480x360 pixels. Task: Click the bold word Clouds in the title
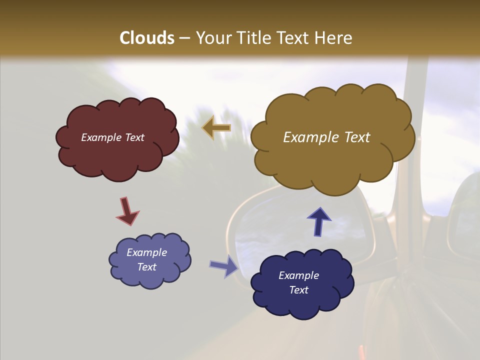point(147,37)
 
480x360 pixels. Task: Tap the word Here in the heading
point(334,37)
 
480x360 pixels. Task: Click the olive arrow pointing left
point(216,127)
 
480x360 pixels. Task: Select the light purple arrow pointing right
point(224,266)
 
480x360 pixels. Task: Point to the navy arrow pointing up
point(318,221)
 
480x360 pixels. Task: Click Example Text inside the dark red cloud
point(112,137)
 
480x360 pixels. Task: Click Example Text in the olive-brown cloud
point(326,137)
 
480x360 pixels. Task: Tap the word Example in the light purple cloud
point(146,252)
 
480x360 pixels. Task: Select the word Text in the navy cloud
point(298,290)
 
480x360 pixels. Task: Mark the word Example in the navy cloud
point(298,275)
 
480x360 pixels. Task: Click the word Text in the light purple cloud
point(146,267)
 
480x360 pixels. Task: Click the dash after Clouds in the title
point(184,38)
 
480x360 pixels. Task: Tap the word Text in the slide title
point(294,37)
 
